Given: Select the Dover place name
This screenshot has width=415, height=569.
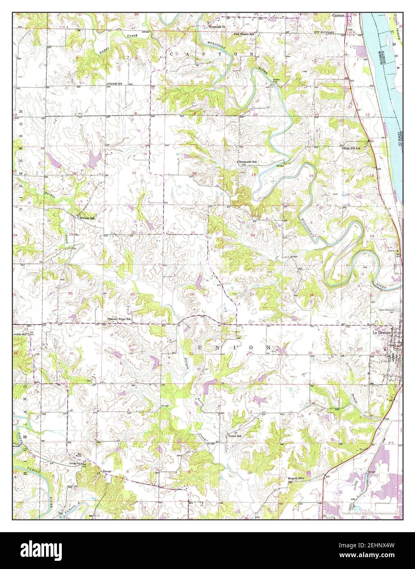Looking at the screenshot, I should pos(107,471).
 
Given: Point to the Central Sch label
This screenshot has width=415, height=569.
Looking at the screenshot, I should pos(115,84).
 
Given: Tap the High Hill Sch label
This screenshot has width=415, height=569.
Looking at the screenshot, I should pos(352,148).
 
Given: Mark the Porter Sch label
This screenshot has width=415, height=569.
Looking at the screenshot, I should pos(235,436).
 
